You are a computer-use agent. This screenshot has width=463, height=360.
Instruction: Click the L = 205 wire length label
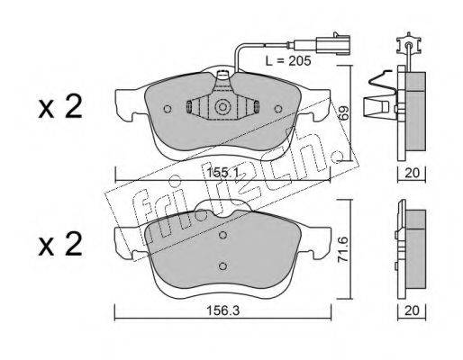pyautogui.click(x=288, y=61)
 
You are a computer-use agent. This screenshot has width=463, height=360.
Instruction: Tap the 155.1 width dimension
pyautogui.click(x=222, y=173)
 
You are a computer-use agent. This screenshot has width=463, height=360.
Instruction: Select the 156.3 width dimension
pyautogui.click(x=222, y=311)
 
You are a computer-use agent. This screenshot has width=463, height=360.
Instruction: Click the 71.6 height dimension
pyautogui.click(x=343, y=249)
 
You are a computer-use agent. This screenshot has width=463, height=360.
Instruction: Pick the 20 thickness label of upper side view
pyautogui.click(x=412, y=173)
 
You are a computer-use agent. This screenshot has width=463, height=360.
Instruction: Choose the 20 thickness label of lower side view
pyautogui.click(x=412, y=311)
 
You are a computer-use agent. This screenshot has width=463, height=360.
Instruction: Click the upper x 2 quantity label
pyautogui.click(x=60, y=106)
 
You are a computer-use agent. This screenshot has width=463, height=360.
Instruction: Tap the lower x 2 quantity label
pyautogui.click(x=60, y=244)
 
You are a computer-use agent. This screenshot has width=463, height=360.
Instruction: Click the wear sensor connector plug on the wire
pyautogui.click(x=332, y=45)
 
